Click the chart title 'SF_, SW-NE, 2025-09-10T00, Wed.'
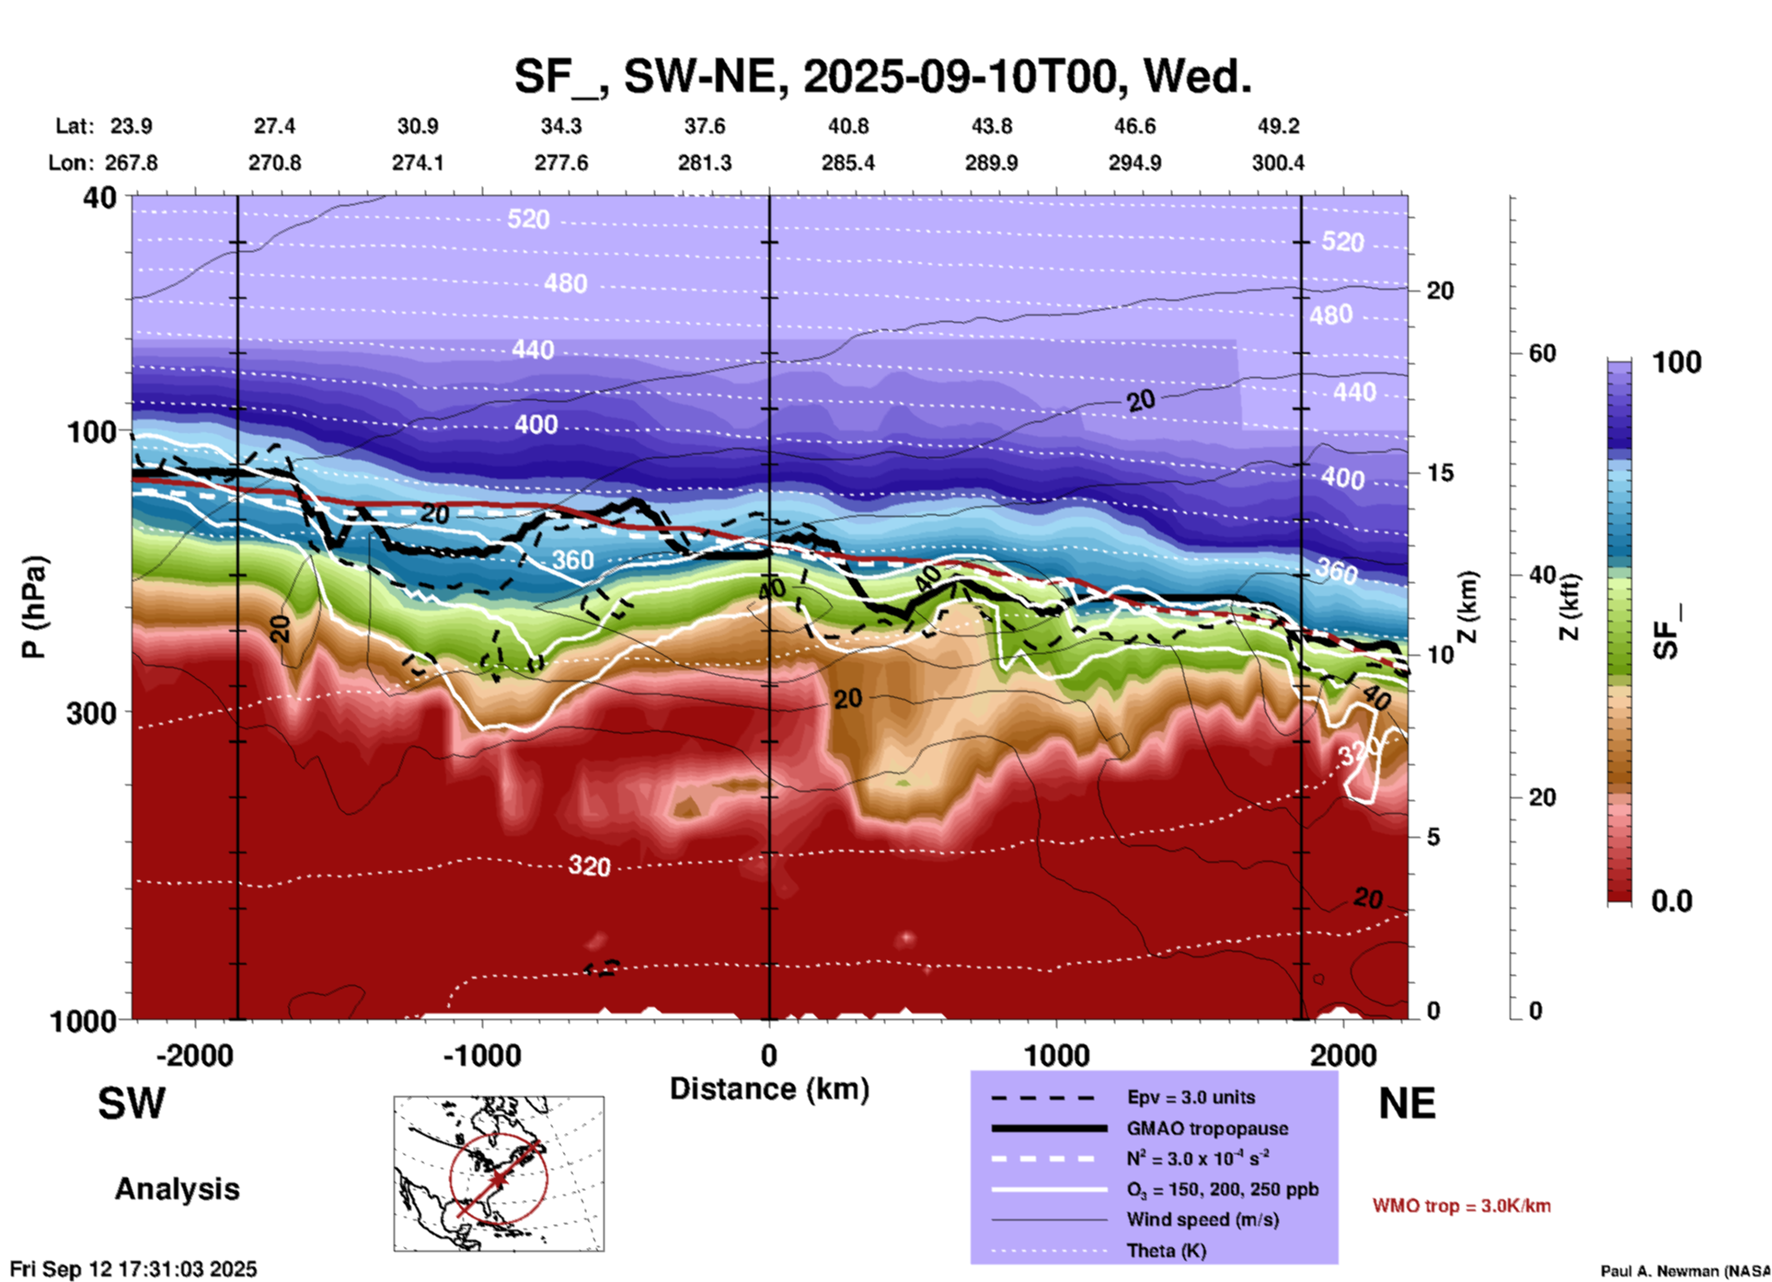coord(882,76)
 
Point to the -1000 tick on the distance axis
coord(481,1055)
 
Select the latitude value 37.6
coord(705,126)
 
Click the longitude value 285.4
coord(847,163)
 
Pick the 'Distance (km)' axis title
coord(769,1089)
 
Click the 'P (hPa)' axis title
coord(34,607)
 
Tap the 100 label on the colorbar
coord(1676,362)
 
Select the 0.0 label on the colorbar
coord(1671,900)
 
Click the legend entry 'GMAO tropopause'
coord(1207,1128)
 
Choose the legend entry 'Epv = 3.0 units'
coord(1191,1097)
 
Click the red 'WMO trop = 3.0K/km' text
coord(1461,1206)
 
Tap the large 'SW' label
coord(132,1104)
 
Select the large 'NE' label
coord(1407,1104)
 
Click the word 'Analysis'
coord(177,1189)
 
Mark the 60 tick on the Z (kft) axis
coord(1542,353)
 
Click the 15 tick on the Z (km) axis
coord(1440,473)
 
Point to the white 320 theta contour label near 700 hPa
coord(589,865)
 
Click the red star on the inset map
coord(498,1178)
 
